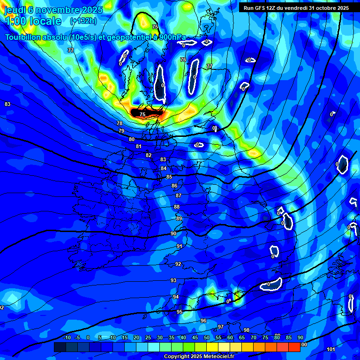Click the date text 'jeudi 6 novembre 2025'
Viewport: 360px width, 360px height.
point(53,9)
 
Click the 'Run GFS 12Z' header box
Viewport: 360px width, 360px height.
point(296,8)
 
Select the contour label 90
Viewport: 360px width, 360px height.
point(173,233)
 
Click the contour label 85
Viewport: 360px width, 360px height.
point(169,177)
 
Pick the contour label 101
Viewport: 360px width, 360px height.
point(330,349)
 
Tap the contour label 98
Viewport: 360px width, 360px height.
point(247,330)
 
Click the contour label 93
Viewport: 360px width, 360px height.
point(173,280)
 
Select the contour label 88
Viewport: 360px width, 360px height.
point(177,207)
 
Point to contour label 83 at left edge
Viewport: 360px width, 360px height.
point(7,104)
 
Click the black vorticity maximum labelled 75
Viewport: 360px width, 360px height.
point(142,114)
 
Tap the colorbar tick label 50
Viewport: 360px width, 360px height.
point(207,337)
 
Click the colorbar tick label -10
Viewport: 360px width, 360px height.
point(67,337)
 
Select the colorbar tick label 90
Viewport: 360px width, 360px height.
point(300,337)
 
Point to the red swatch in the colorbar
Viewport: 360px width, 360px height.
point(294,347)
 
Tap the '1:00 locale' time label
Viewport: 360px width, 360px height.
point(33,21)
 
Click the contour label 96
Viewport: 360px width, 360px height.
point(203,321)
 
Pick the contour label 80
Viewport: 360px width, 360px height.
point(132,139)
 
